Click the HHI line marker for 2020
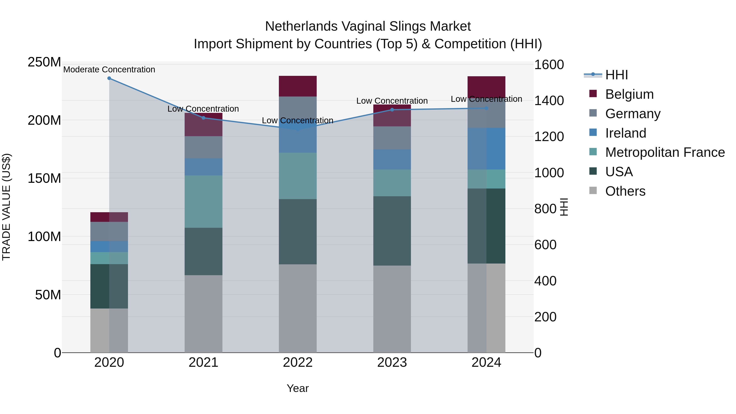[109, 78]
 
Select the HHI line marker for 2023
[392, 110]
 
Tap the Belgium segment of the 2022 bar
[298, 86]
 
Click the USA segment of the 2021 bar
[203, 251]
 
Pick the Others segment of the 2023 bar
[392, 309]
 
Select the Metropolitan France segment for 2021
[203, 201]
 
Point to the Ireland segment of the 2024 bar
[486, 149]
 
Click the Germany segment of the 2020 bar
[109, 231]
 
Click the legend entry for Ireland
[625, 133]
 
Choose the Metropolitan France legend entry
[665, 153]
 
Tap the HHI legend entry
[616, 75]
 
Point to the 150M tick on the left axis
[44, 178]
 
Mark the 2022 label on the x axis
[298, 362]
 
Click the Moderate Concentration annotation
[109, 70]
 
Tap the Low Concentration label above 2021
[203, 109]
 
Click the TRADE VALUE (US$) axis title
[6, 207]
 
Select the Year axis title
[298, 388]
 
